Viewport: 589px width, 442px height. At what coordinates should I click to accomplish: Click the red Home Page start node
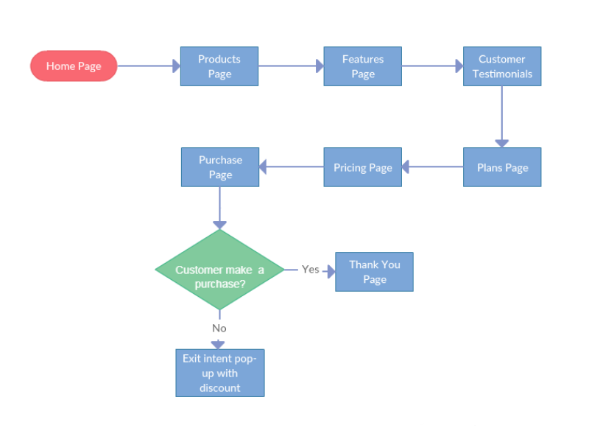[x=74, y=66]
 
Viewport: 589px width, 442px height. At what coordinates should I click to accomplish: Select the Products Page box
[x=219, y=66]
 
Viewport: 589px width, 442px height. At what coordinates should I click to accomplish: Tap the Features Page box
[x=362, y=66]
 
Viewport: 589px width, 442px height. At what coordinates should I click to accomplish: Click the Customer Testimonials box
[x=502, y=66]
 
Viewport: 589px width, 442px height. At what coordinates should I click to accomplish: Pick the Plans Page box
[x=502, y=167]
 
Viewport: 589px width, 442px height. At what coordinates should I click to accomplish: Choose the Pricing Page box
[x=362, y=167]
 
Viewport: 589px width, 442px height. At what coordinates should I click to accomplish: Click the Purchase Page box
[x=220, y=167]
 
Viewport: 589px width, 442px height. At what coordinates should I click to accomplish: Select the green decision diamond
[x=219, y=270]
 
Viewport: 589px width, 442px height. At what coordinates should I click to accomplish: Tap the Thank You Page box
[x=374, y=272]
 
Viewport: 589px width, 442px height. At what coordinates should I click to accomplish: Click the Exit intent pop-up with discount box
[x=219, y=373]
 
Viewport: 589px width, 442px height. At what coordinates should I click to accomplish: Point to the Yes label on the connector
[x=311, y=270]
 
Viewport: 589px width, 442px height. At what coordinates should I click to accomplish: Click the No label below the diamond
[x=219, y=328]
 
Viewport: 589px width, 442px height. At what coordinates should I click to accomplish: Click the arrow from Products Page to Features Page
[x=291, y=66]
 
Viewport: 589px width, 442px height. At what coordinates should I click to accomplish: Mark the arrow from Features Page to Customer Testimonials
[x=432, y=66]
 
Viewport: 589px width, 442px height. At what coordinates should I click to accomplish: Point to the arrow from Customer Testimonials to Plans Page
[x=502, y=116]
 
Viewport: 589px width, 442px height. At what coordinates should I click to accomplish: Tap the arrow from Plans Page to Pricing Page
[x=432, y=167]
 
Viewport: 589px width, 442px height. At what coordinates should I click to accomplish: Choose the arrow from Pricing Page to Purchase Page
[x=291, y=167]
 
